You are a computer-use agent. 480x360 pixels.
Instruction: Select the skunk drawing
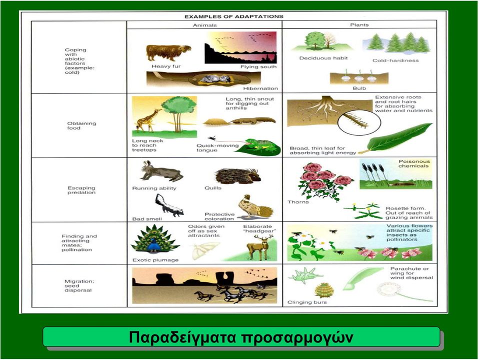(x=168, y=205)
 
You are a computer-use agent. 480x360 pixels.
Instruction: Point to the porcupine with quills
(x=238, y=175)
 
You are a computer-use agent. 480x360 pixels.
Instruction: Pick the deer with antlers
(x=260, y=246)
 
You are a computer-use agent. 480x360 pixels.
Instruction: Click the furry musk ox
(x=168, y=52)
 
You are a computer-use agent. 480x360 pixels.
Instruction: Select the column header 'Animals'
(x=205, y=25)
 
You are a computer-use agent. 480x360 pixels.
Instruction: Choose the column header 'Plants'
(x=359, y=25)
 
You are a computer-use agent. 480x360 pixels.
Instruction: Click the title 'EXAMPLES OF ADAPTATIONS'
(x=234, y=16)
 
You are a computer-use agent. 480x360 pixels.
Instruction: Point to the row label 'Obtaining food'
(x=81, y=125)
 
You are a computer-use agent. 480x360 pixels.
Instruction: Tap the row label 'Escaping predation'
(x=81, y=190)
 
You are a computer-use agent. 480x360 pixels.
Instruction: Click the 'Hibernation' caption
(x=260, y=88)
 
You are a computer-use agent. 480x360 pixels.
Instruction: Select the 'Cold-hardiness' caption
(x=395, y=60)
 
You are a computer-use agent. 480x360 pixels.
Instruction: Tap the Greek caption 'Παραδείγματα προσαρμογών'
(x=241, y=337)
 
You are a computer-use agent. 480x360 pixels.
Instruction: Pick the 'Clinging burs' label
(x=307, y=302)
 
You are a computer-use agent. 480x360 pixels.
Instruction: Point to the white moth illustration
(x=204, y=250)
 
